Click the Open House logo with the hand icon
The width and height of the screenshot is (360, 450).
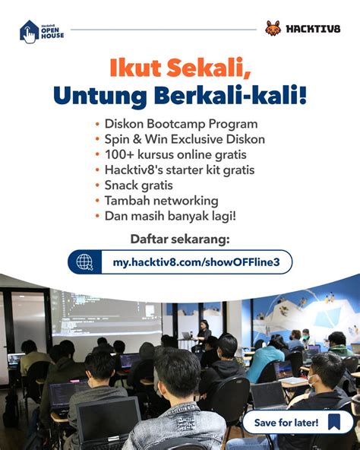point(42,32)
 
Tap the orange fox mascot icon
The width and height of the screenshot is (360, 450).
point(273,28)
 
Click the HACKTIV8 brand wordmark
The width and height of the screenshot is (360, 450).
point(313,29)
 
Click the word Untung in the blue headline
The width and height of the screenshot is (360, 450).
point(100,96)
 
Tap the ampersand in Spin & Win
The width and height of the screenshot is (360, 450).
point(137,139)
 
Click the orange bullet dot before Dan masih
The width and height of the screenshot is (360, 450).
point(97,216)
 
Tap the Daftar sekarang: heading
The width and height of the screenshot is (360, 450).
point(180,239)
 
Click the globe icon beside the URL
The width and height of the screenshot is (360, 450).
point(85,262)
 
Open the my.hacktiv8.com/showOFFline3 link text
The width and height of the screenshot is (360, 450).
point(196,262)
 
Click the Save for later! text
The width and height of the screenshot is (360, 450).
point(286,423)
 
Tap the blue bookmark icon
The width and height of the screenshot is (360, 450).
point(334,422)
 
